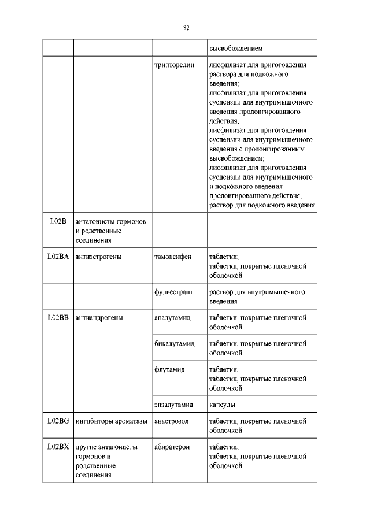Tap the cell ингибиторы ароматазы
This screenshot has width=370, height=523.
(111, 421)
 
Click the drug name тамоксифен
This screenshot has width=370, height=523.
(173, 257)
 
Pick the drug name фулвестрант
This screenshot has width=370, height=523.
(173, 292)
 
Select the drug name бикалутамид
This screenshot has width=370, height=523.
(175, 343)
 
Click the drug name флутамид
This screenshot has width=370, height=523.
(169, 369)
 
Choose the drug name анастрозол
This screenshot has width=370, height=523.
(172, 421)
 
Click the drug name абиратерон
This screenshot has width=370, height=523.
(172, 447)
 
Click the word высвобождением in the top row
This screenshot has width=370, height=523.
(236, 48)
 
